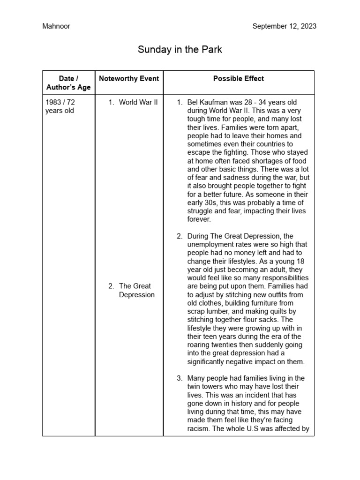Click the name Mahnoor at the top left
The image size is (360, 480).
(x=56, y=26)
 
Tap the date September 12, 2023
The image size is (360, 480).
(x=284, y=26)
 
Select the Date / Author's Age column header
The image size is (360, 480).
(x=68, y=83)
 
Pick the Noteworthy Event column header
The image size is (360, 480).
(x=129, y=79)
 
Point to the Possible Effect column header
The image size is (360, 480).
(x=239, y=79)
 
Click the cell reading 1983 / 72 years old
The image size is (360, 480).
(x=60, y=106)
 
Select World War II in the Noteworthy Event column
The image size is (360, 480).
(x=138, y=102)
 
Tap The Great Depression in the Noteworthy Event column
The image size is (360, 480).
(x=136, y=290)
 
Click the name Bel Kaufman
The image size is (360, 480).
(x=209, y=102)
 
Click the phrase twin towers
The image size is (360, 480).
(x=207, y=387)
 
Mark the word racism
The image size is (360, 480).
(x=199, y=428)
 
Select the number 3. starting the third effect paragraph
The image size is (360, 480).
(x=180, y=378)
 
